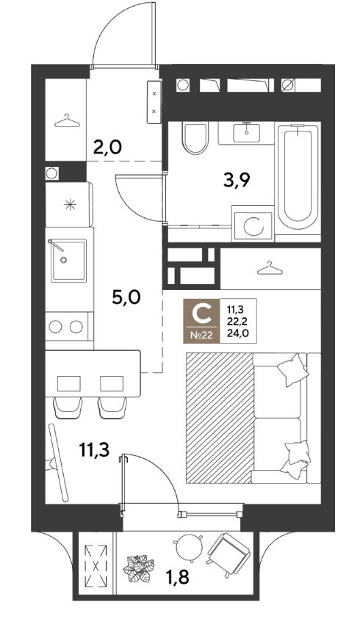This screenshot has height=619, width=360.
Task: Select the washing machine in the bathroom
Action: click(253, 223)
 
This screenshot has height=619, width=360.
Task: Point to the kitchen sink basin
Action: click(68, 261)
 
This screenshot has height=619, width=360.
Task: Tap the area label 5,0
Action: click(126, 297)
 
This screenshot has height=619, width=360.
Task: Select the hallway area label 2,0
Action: click(107, 148)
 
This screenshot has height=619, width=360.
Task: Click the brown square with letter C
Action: click(201, 321)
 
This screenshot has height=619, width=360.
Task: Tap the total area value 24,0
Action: click(238, 333)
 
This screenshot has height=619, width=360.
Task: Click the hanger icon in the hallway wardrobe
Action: click(67, 121)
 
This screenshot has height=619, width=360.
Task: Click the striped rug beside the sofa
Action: click(219, 418)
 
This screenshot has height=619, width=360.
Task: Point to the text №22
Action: click(201, 336)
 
